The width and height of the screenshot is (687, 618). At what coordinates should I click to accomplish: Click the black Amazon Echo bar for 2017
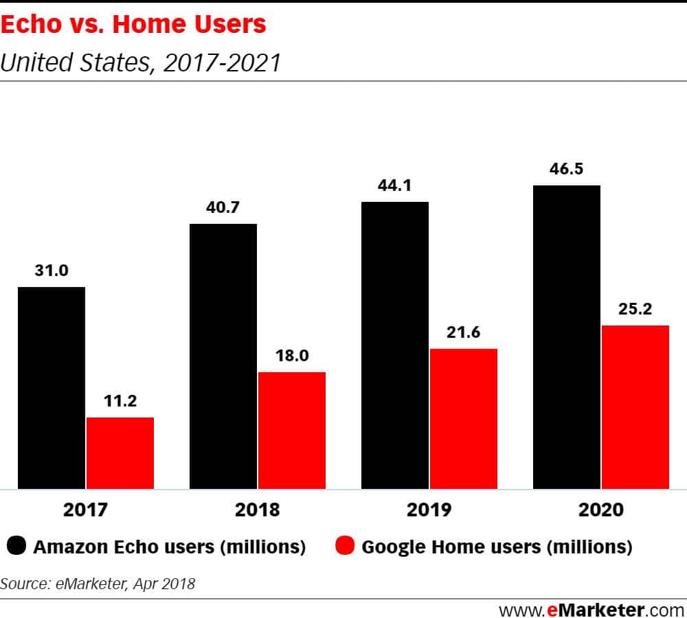pos(52,388)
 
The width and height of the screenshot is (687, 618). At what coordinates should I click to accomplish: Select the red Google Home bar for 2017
pos(120,453)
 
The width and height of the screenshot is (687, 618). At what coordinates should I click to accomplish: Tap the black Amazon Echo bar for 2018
pos(223,356)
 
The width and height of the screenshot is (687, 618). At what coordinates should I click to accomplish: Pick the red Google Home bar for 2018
pos(291,431)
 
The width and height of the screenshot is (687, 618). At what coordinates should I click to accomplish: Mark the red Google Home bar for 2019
pos(463,419)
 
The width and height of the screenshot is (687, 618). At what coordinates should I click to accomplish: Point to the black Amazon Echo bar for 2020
pos(567,337)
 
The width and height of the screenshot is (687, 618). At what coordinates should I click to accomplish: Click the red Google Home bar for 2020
pos(635,407)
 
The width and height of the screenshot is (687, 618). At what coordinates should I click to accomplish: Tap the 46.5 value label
pos(567,169)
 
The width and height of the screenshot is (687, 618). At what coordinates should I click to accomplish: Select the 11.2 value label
pos(120,401)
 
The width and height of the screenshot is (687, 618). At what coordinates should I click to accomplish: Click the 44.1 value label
pos(395,185)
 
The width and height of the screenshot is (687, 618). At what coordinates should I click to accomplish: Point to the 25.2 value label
pos(635,309)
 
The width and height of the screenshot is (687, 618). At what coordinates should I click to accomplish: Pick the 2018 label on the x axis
pos(258,510)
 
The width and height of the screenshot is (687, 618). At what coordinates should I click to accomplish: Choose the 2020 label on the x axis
pos(601,510)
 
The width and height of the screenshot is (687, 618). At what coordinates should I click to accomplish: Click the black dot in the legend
pos(16,547)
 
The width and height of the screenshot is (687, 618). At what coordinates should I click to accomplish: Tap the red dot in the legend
pos(345,547)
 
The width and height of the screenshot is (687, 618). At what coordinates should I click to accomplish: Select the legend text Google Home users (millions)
pos(496,547)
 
